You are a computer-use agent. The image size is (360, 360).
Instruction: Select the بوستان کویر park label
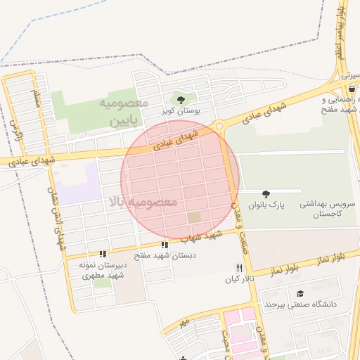tap(182, 111)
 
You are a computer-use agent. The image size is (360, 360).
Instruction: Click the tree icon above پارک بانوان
tap(265, 193)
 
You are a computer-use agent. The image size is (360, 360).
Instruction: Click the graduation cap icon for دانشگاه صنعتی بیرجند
tap(300, 293)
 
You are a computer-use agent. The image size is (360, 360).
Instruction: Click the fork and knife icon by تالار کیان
tap(239, 269)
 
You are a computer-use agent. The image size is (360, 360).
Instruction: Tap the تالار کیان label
tap(238, 280)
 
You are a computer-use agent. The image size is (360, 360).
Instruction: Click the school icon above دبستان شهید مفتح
tap(165, 245)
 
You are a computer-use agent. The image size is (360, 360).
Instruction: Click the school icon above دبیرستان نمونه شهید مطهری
tap(103, 254)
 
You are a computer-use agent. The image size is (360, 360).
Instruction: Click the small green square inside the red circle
tap(193, 217)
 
